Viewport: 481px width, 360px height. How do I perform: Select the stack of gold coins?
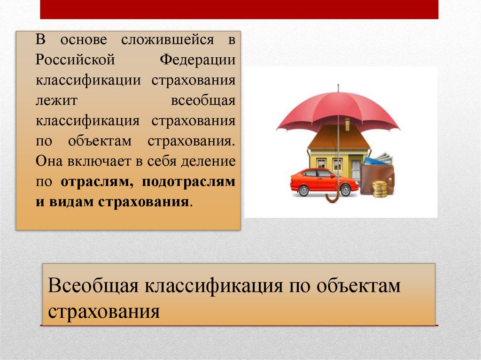point(380,189)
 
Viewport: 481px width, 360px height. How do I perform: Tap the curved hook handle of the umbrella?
point(332,197)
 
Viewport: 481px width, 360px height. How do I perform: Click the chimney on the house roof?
point(347,124)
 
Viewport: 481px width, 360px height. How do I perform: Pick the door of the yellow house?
point(356,169)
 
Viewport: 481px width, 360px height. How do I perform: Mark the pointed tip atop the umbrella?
point(338,87)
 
